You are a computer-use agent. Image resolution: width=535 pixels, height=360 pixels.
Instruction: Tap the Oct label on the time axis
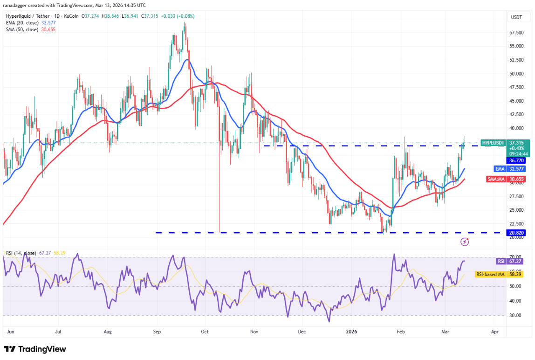point(205,332)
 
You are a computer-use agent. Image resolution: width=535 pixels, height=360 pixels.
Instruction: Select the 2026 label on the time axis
point(352,332)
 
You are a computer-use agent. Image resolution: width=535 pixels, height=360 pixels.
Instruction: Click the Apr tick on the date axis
point(495,332)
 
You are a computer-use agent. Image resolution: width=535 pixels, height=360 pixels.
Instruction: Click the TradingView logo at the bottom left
point(35,349)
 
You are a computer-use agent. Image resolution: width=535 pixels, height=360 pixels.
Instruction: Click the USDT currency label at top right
point(516,17)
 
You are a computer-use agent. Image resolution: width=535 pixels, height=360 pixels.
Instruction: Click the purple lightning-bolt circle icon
point(465,242)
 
